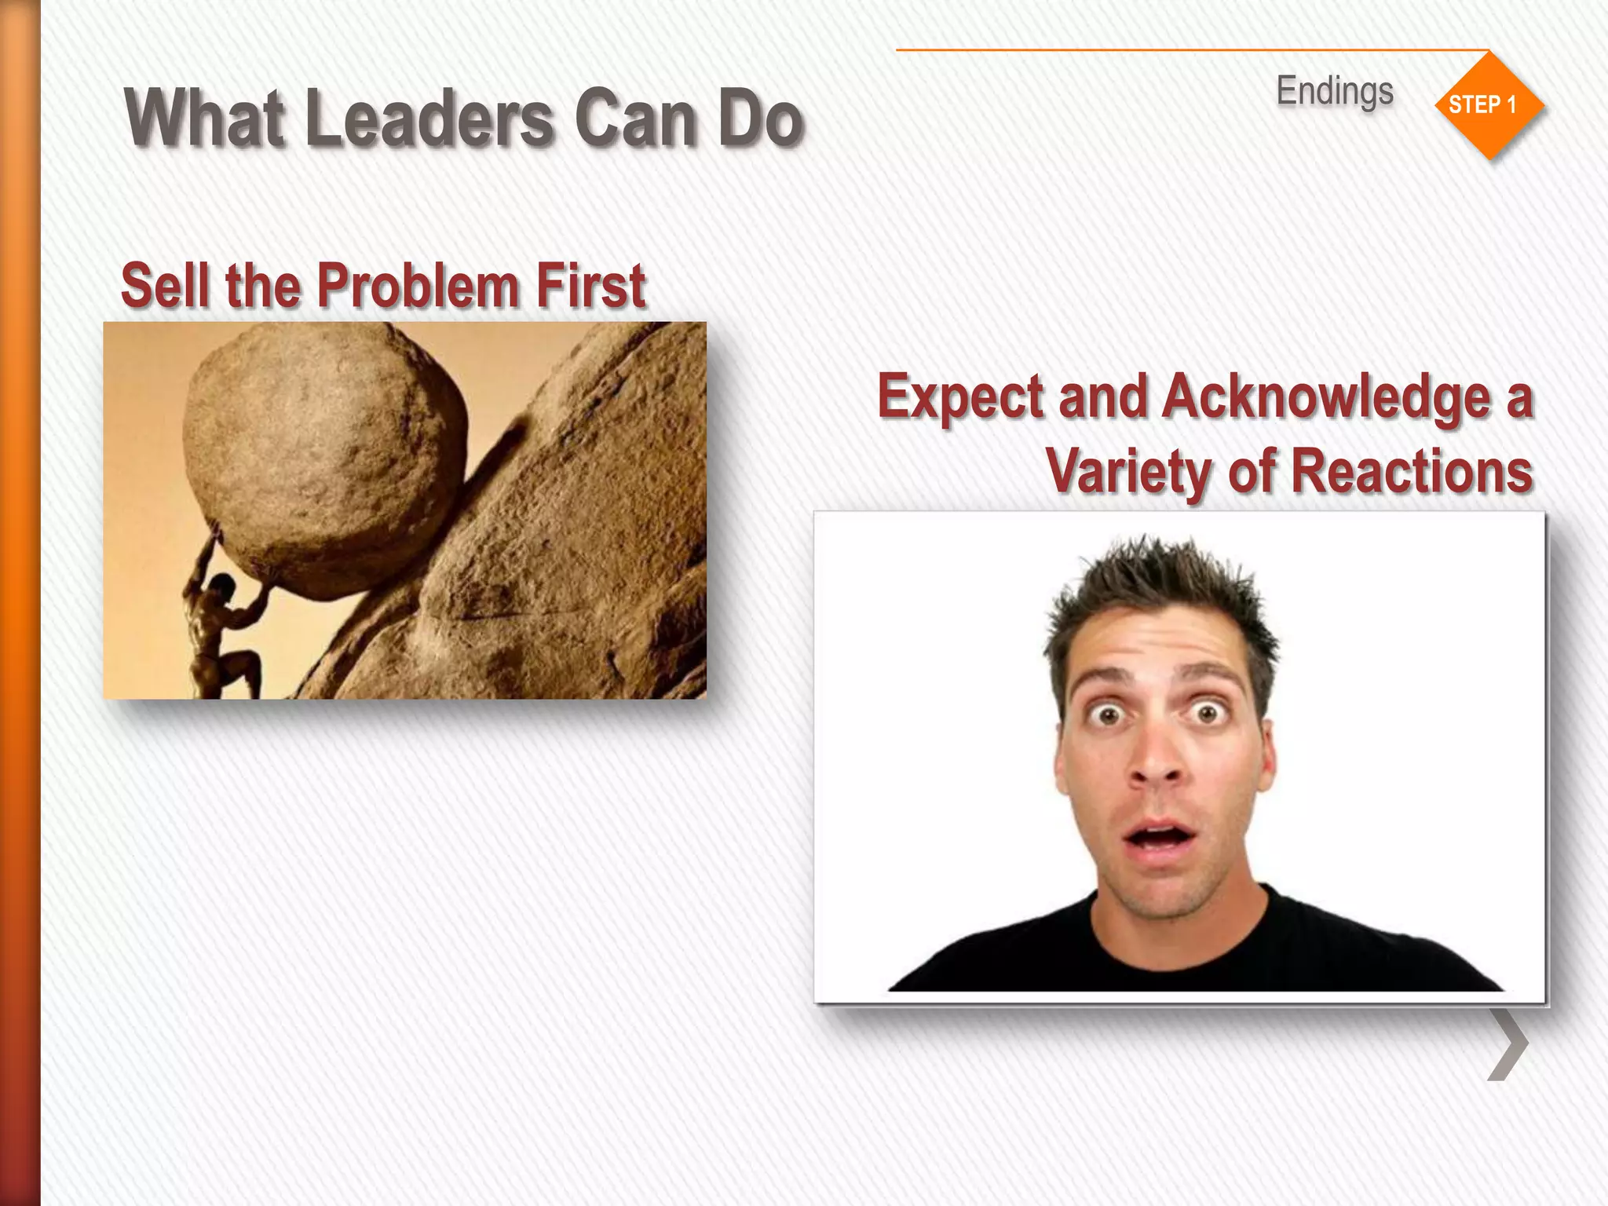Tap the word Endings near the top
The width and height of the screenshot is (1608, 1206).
1335,91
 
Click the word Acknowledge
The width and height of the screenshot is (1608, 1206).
1327,397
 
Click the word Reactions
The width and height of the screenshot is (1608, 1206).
1411,471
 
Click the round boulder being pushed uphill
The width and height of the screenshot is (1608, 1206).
322,448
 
